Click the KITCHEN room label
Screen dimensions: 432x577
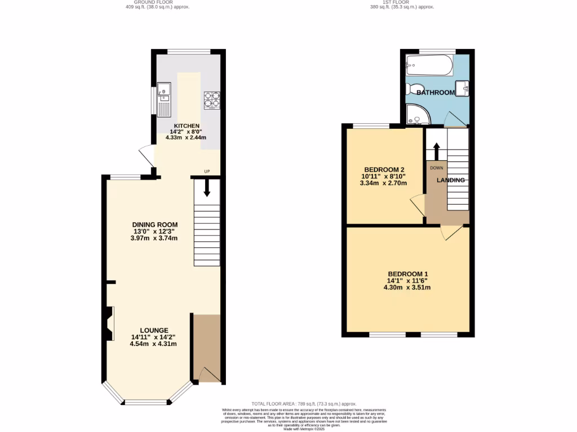tap(187, 125)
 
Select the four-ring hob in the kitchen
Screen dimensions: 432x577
tap(212, 100)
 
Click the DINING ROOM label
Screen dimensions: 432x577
tap(155, 224)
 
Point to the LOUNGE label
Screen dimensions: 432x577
tap(154, 330)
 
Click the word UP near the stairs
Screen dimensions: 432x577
tap(207, 172)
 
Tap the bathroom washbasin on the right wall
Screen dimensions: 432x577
tap(463, 88)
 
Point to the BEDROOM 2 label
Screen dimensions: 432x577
tap(384, 169)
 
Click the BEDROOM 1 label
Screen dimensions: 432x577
tap(407, 274)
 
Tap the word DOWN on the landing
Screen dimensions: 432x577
tap(437, 168)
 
